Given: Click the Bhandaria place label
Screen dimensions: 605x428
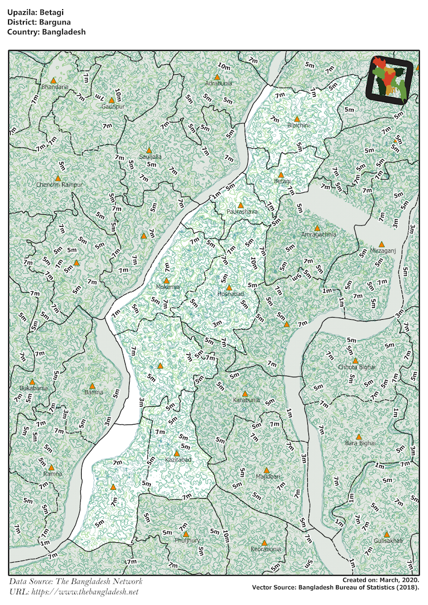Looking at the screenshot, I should point(55,87).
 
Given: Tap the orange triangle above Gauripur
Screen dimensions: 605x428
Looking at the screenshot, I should point(112,100).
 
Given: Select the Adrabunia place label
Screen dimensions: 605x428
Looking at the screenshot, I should point(219,83).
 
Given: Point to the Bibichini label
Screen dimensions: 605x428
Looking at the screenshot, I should point(298,125).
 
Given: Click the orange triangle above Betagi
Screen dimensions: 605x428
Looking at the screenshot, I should point(281,174).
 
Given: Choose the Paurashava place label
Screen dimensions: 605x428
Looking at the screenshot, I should point(242,212).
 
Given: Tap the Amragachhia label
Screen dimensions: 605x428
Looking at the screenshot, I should point(318,234).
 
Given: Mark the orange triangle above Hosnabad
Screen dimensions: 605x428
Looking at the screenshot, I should point(229,287).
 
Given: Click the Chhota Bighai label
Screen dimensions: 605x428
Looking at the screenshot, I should point(356,367).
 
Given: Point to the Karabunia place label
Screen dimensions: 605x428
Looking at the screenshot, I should point(246,400).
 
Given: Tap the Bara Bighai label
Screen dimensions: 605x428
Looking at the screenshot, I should point(360,443).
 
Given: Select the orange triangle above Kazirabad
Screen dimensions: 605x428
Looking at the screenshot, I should point(177,454).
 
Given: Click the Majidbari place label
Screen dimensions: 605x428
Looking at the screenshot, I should point(268,476).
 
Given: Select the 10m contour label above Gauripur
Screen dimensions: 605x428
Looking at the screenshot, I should point(118,93).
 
